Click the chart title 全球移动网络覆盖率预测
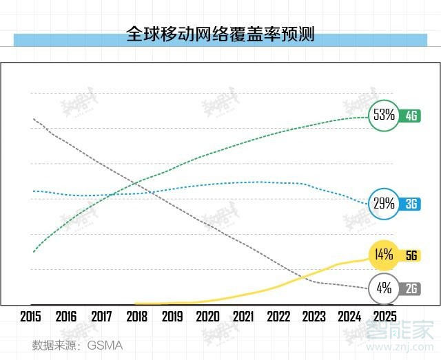[x=220, y=34]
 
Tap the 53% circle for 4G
[x=383, y=115]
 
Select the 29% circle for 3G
[x=383, y=203]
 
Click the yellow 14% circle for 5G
[x=383, y=255]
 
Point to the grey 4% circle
[x=383, y=288]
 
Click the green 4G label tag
[x=411, y=116]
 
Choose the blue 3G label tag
[x=411, y=204]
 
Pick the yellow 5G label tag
[x=411, y=255]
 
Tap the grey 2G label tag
[x=411, y=289]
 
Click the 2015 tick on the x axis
[x=31, y=317]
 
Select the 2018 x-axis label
[x=136, y=317]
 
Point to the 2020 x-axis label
[x=207, y=317]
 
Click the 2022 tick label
[x=278, y=317]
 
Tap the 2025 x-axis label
[x=383, y=317]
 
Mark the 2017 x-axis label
[x=101, y=317]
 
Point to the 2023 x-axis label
[x=313, y=317]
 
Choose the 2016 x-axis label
[x=66, y=317]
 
